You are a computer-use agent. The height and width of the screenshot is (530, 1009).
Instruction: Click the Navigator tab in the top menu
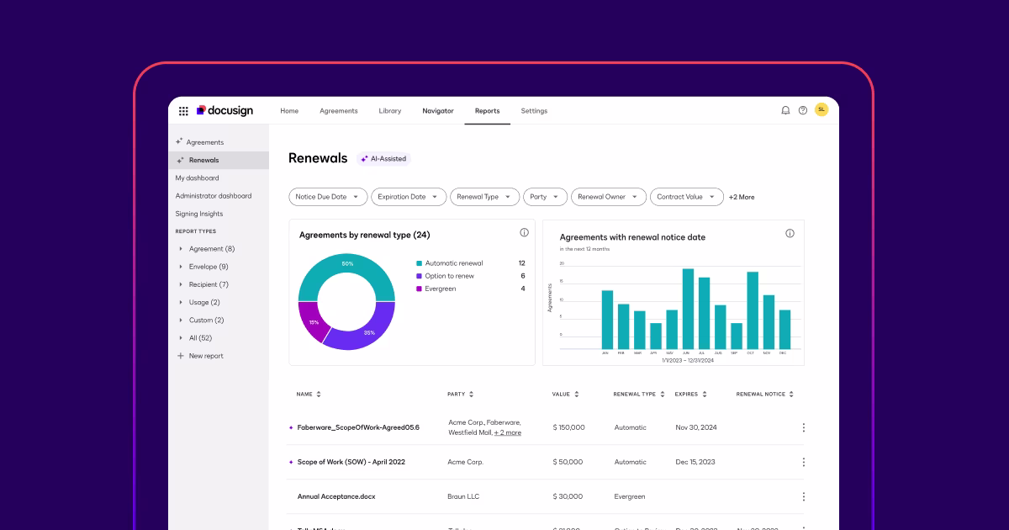437,111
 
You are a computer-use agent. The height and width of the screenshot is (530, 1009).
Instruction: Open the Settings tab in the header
534,111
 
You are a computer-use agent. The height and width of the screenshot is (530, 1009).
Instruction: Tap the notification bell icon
785,110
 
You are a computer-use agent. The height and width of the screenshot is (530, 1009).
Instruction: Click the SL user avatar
821,109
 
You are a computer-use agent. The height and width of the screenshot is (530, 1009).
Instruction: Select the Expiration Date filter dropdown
409,197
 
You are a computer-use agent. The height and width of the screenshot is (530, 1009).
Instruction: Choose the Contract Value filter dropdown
686,197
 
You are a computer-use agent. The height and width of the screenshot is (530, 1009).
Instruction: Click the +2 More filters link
742,197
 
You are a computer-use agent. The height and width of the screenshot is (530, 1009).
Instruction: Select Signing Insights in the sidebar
199,214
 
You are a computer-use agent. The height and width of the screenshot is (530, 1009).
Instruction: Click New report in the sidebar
206,356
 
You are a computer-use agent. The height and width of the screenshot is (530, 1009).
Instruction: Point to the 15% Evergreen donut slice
310,323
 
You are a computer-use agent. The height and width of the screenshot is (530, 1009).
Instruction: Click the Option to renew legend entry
449,276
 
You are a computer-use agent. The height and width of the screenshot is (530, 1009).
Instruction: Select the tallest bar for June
688,309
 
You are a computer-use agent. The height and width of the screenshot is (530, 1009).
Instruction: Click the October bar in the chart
753,310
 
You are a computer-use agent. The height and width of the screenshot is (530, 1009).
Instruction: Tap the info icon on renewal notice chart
790,233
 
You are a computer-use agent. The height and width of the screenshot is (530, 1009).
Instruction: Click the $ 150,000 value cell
568,427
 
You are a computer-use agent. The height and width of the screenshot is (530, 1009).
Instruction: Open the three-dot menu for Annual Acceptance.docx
803,496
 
